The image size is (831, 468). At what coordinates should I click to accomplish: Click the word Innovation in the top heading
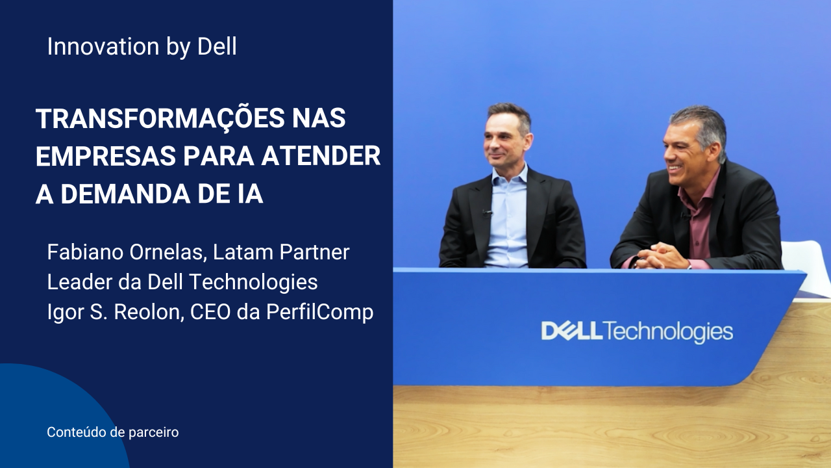(103, 46)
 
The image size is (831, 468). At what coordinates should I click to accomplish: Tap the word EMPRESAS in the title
(106, 156)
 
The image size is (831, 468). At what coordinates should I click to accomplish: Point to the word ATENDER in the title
(321, 156)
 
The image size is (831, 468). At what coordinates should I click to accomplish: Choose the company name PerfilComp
(319, 312)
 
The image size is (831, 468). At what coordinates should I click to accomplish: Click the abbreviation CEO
(210, 311)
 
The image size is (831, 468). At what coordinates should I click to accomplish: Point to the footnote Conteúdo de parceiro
(113, 432)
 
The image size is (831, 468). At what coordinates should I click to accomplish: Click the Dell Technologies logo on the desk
(637, 331)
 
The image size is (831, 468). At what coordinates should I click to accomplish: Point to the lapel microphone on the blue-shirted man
(487, 213)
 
